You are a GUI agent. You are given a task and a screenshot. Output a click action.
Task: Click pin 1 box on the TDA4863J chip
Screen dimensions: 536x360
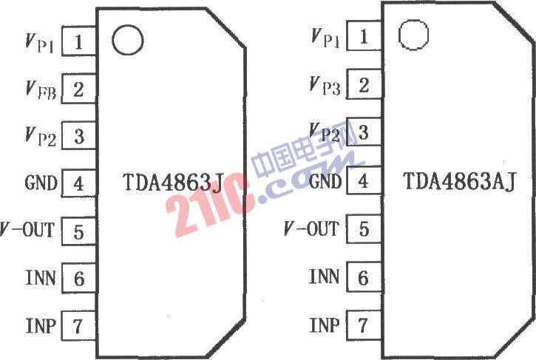[x=79, y=41]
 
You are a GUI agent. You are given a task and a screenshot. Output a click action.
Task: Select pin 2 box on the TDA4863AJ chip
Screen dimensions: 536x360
[x=364, y=84]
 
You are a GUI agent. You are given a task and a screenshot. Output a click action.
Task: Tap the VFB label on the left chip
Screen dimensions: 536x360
[x=41, y=90]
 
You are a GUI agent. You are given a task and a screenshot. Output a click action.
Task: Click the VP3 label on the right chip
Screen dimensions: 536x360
[x=325, y=86]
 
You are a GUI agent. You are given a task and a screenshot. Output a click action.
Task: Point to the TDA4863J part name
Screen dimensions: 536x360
[x=173, y=182]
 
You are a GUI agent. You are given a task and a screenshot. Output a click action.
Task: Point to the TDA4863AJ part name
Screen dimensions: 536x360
[x=459, y=181]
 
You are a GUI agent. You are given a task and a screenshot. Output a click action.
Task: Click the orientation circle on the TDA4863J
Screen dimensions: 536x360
[x=127, y=40]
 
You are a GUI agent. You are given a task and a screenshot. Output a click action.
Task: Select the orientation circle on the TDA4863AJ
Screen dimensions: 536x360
[x=413, y=35]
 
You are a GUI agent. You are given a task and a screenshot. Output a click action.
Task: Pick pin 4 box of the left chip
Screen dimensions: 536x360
[x=79, y=183]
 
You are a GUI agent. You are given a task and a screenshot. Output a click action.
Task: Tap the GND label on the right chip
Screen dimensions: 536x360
[x=325, y=181]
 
